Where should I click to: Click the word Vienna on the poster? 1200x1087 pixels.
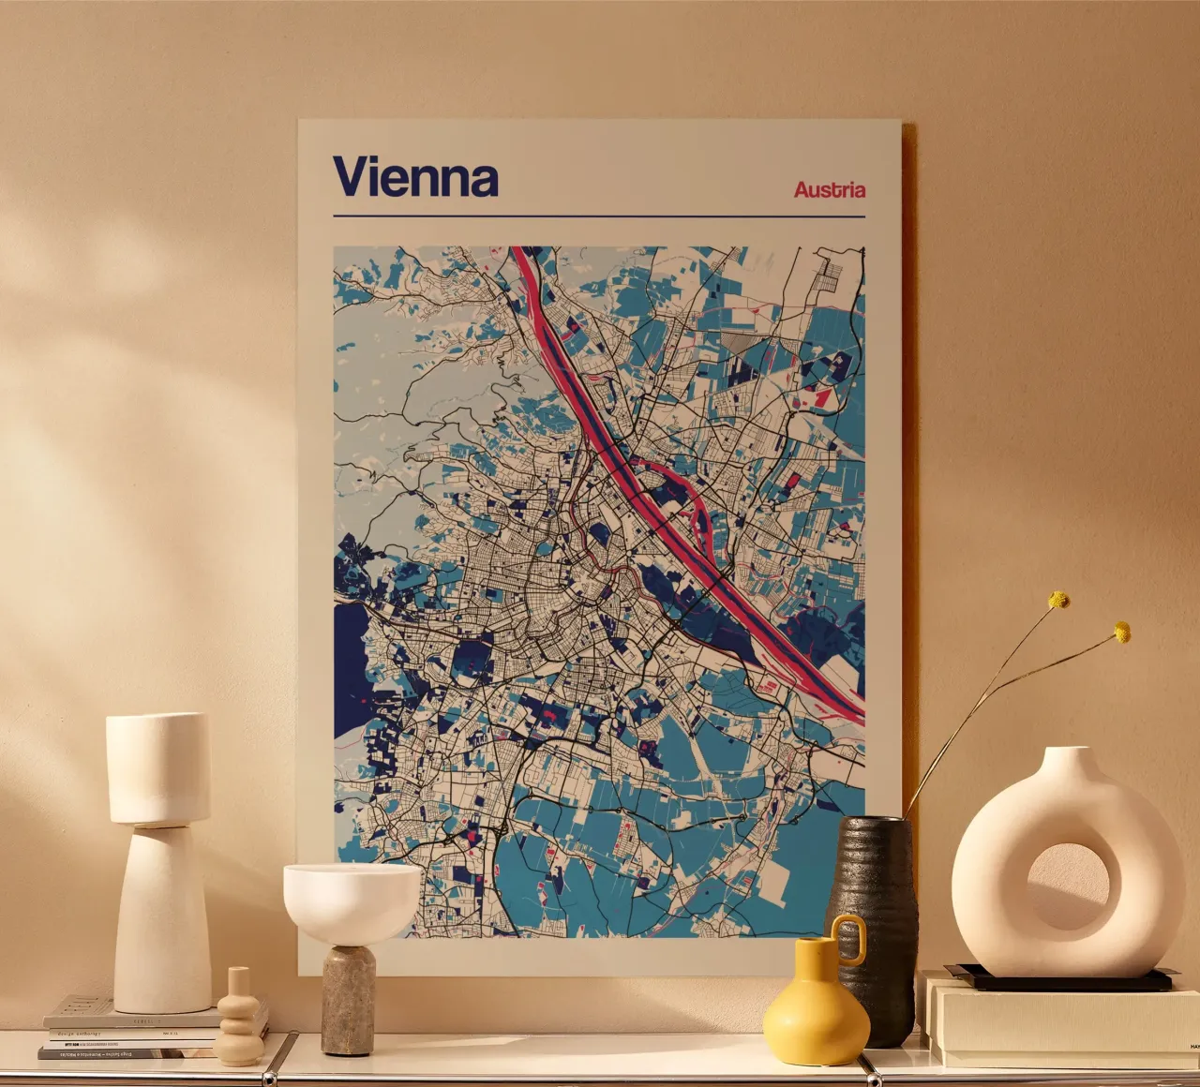(x=415, y=177)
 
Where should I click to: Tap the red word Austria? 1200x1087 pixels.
(x=829, y=189)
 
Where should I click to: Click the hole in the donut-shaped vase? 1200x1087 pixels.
(x=1068, y=886)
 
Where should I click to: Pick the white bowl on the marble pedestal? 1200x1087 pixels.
(x=352, y=900)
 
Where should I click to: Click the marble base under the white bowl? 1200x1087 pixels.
(x=348, y=1000)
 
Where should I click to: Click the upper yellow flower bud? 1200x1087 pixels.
(x=1058, y=600)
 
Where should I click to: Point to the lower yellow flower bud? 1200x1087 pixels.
(x=1121, y=632)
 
